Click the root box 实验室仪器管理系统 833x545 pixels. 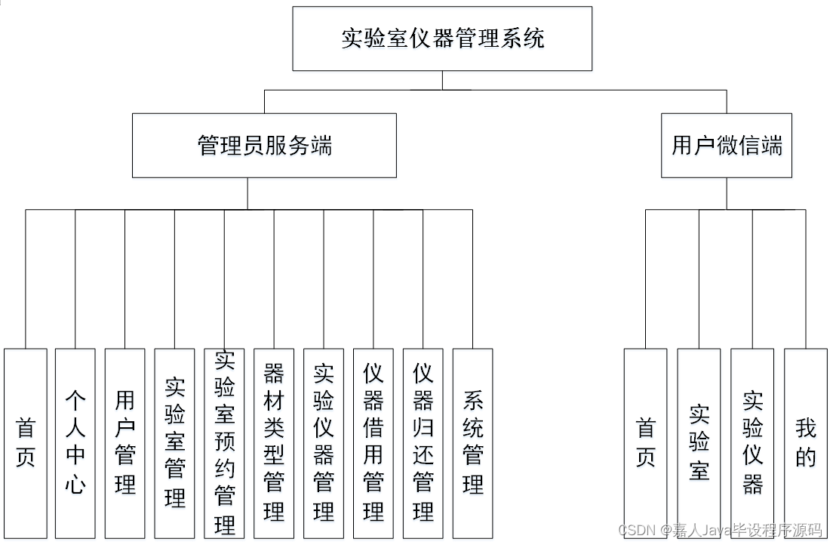click(442, 38)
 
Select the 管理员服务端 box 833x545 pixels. click(264, 146)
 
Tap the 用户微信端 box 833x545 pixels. click(727, 146)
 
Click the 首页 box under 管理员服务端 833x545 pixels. click(26, 443)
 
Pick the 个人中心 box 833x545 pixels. click(75, 443)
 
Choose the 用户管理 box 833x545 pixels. click(125, 443)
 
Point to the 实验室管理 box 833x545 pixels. click(175, 443)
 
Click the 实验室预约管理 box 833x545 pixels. click(224, 443)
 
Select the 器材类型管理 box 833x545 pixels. click(274, 443)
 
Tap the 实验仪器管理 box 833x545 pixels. click(324, 443)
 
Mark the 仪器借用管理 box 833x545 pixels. click(373, 443)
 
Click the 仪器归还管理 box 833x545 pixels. click(423, 443)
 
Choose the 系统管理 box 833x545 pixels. click(473, 443)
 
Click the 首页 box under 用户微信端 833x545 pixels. click(646, 443)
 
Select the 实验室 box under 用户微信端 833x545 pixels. click(699, 443)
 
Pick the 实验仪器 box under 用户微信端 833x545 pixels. click(752, 443)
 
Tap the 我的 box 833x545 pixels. click(806, 443)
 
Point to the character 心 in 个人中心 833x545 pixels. click(75, 483)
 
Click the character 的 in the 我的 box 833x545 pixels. click(806, 457)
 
